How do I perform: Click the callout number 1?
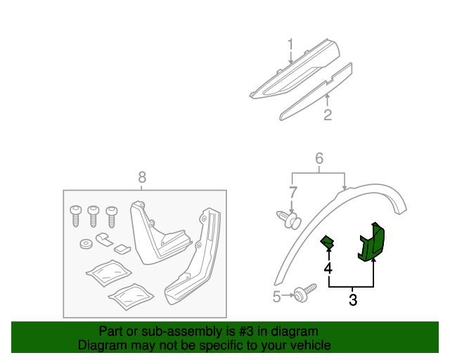[290, 46]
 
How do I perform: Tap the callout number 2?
[328, 115]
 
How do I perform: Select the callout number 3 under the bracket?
[353, 300]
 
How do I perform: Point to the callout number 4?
[328, 269]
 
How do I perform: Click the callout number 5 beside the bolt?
[277, 297]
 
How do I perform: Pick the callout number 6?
[319, 159]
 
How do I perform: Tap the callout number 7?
[293, 191]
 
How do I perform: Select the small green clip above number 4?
[328, 243]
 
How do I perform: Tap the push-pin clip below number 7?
[288, 219]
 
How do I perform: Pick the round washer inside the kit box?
[85, 245]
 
